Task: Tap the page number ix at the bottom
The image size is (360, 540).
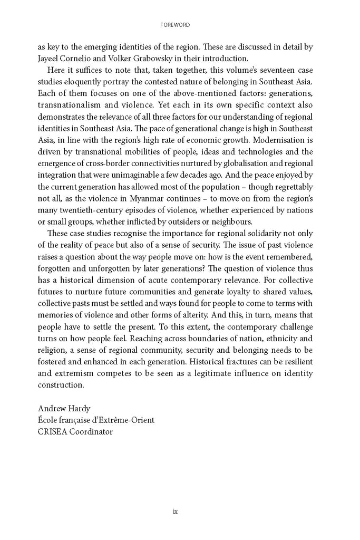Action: (x=176, y=511)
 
